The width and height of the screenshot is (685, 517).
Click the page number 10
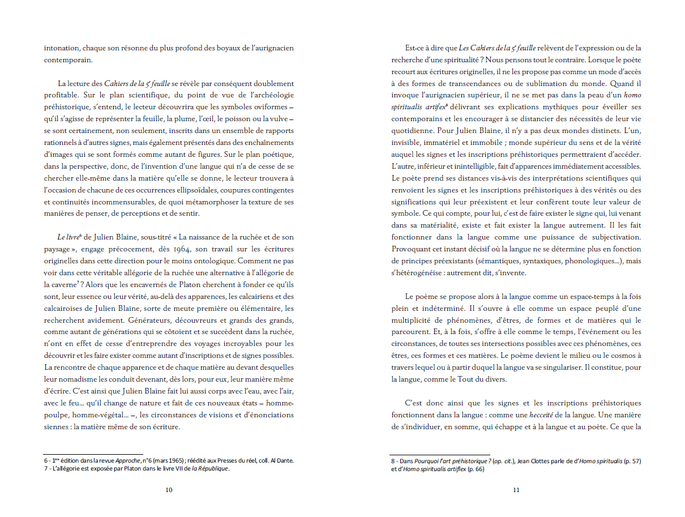[169, 490]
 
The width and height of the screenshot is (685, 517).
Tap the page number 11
[516, 490]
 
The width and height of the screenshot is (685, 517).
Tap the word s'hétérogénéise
[416, 273]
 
